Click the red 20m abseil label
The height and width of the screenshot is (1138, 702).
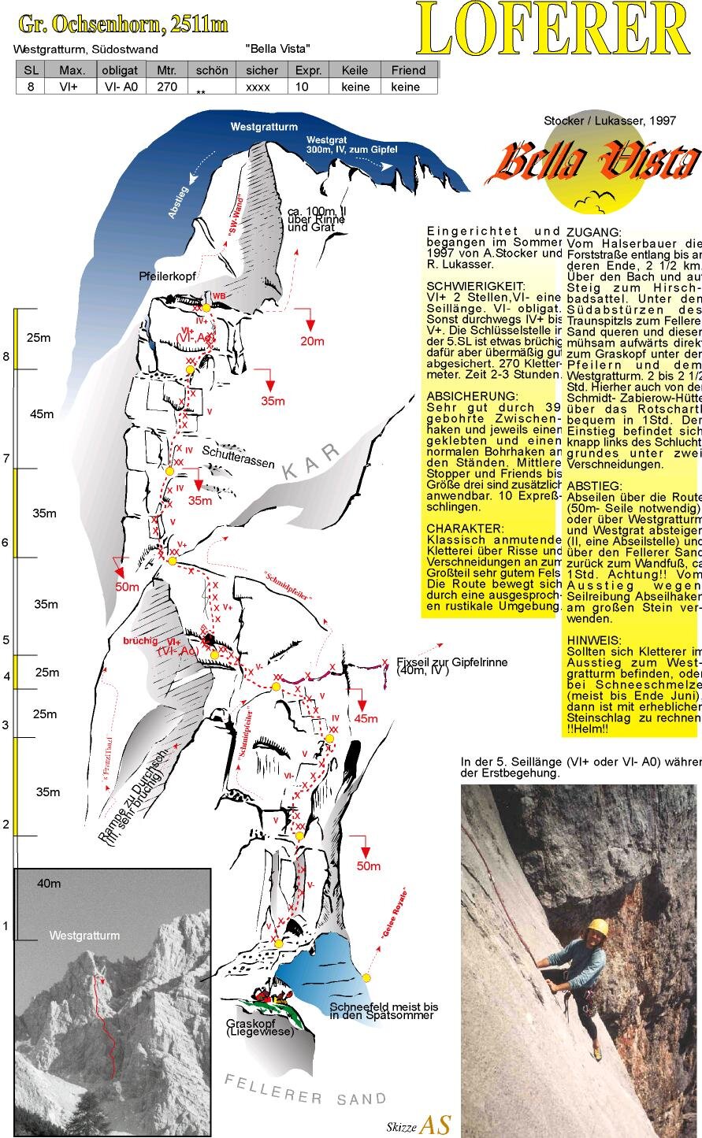click(312, 340)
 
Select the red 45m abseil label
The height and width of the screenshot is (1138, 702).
click(366, 718)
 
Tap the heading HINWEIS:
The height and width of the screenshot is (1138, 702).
click(592, 641)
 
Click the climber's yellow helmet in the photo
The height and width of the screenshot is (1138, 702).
click(598, 927)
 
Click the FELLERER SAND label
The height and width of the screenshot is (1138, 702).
click(306, 1092)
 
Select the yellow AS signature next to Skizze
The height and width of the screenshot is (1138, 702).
click(436, 1125)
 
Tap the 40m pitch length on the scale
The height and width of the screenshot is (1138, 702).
click(49, 884)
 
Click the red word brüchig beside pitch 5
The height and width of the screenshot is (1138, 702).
click(141, 640)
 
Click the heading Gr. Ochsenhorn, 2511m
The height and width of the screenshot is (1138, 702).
click(123, 24)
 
